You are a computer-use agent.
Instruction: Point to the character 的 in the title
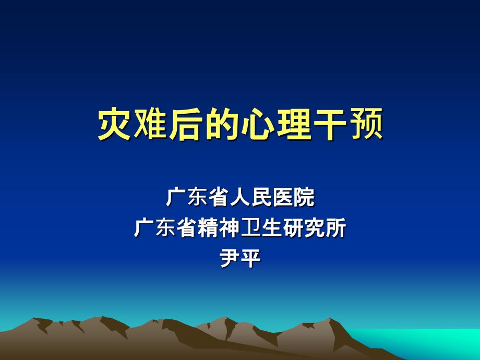point(222,125)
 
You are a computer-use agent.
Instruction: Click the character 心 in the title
point(258,125)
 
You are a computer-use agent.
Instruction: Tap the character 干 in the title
point(329,125)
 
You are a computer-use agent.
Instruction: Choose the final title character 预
point(365,125)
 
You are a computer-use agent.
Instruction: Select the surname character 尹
point(230,259)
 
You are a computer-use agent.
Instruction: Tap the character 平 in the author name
point(251,259)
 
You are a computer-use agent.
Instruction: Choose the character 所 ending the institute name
point(335,229)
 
